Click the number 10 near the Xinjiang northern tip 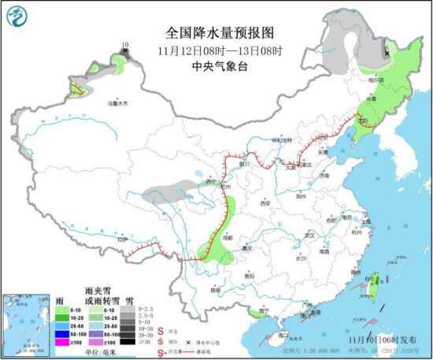point(124,46)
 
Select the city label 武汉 point(309,235)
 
